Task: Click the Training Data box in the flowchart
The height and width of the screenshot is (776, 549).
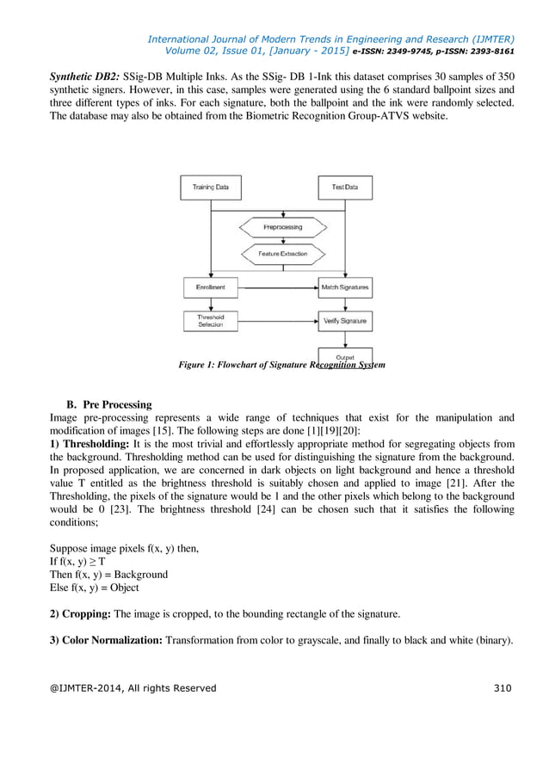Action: (210, 187)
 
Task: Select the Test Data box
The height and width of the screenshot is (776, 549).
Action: (344, 187)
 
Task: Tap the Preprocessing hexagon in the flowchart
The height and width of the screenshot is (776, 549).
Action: (281, 227)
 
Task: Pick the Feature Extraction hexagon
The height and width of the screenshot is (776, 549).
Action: (281, 254)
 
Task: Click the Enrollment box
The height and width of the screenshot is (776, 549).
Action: (210, 286)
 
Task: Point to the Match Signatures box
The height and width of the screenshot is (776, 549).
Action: (344, 286)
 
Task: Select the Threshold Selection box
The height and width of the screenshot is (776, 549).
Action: (210, 321)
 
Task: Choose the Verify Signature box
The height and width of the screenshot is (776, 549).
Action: (344, 321)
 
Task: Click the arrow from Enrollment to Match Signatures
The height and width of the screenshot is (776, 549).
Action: (277, 286)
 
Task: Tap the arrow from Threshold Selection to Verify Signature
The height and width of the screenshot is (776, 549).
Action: (277, 321)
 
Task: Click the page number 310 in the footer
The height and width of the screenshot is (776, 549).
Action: (503, 687)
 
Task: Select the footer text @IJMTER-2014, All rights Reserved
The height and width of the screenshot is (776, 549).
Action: (133, 687)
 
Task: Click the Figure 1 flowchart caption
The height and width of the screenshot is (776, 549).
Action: (281, 366)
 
